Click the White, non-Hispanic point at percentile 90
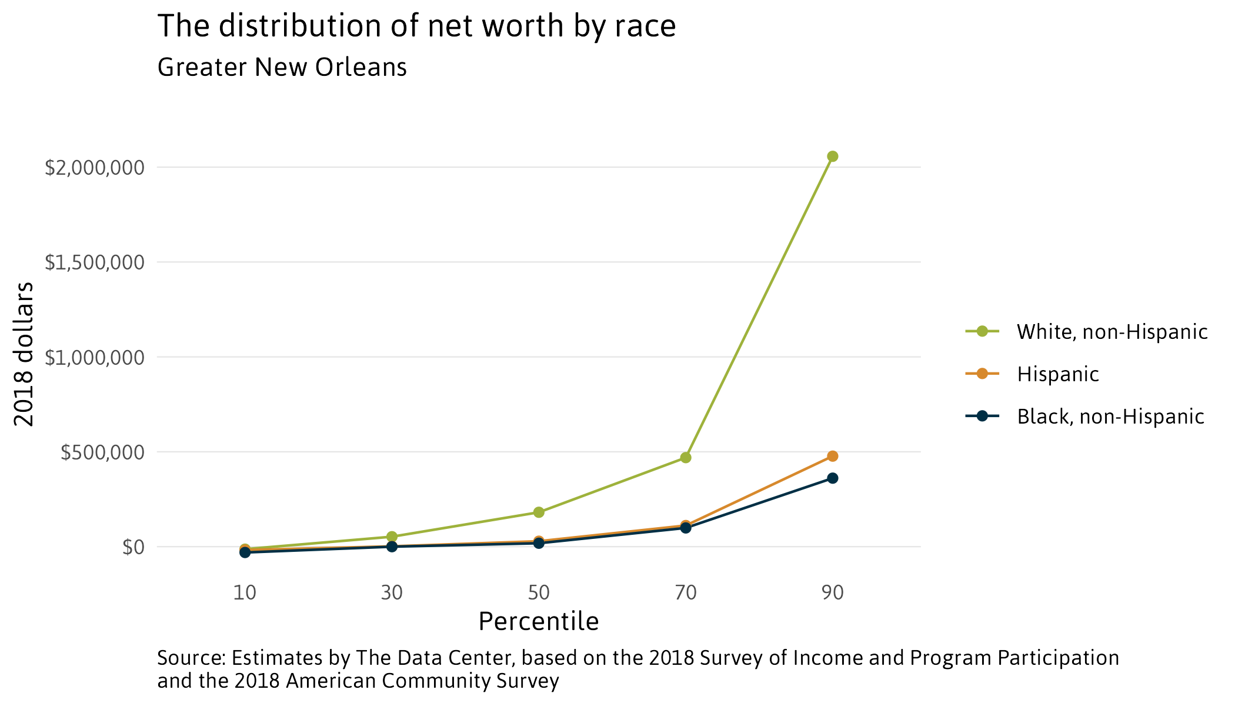[x=832, y=156]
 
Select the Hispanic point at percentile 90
[x=832, y=457]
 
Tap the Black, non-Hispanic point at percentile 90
[x=832, y=478]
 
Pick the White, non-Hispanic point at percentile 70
[x=685, y=458]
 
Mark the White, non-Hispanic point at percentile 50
[x=539, y=512]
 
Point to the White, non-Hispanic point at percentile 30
[x=392, y=537]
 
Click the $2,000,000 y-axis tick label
[x=95, y=168]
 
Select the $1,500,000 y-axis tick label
[x=95, y=262]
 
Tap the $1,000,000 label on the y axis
[x=95, y=357]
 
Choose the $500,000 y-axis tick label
[x=102, y=452]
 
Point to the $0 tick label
[x=133, y=547]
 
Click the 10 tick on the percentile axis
[x=245, y=592]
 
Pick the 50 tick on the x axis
[x=539, y=592]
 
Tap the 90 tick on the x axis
[x=832, y=592]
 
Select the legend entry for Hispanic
[x=1057, y=374]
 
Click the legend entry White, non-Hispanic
[x=1111, y=332]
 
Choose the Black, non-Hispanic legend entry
[x=1110, y=417]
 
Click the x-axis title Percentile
[x=539, y=622]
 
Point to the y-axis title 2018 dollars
[x=25, y=354]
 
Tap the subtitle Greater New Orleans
[x=282, y=68]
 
